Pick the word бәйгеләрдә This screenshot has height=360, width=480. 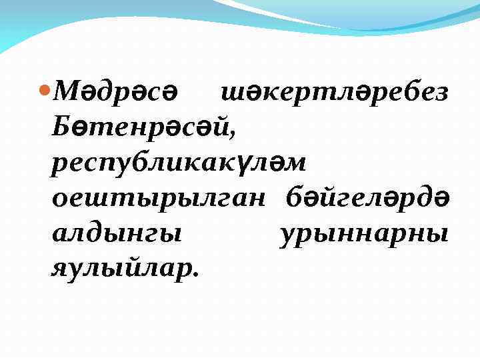point(367,199)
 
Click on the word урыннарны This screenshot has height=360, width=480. point(364,235)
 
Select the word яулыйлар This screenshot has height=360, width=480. point(123,269)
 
